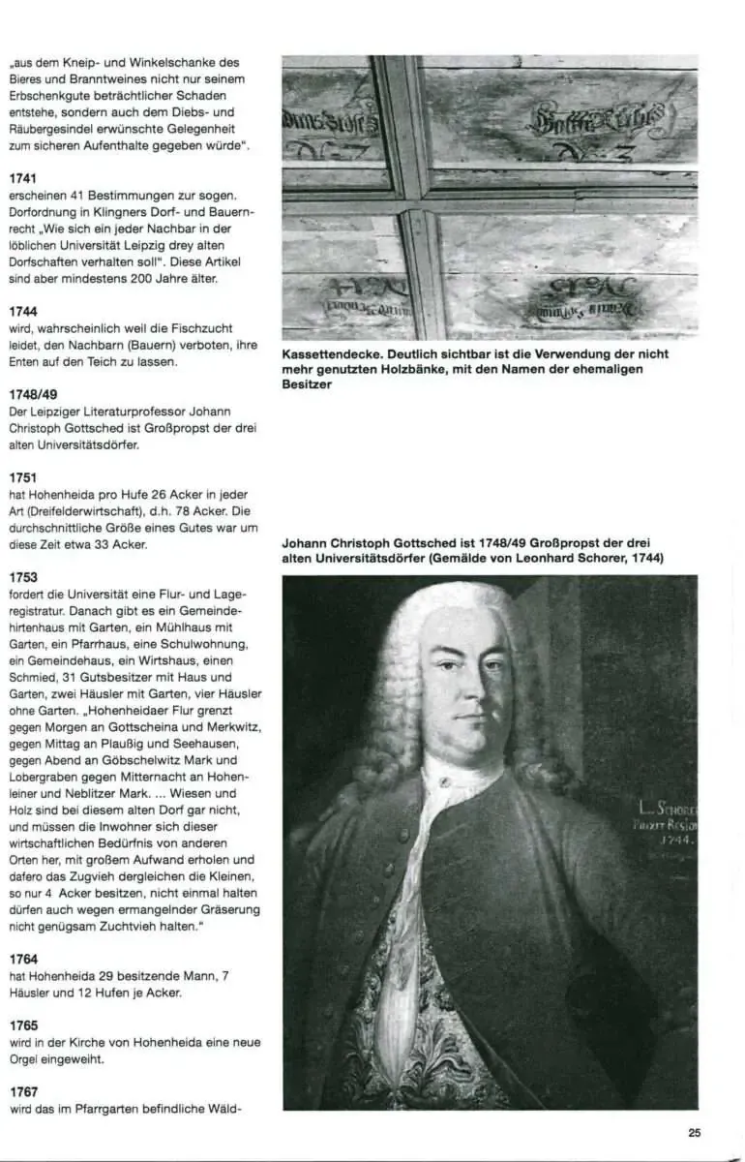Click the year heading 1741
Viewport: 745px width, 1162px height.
click(x=23, y=179)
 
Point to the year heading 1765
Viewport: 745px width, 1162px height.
click(x=23, y=1024)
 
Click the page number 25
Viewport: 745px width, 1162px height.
click(x=695, y=1132)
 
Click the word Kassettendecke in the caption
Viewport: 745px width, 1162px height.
click(x=326, y=354)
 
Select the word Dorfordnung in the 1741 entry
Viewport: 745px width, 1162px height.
click(x=44, y=213)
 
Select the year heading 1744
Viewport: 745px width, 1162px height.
click(x=23, y=312)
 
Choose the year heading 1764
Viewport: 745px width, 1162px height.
click(x=23, y=958)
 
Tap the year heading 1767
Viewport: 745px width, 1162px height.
click(x=23, y=1091)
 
